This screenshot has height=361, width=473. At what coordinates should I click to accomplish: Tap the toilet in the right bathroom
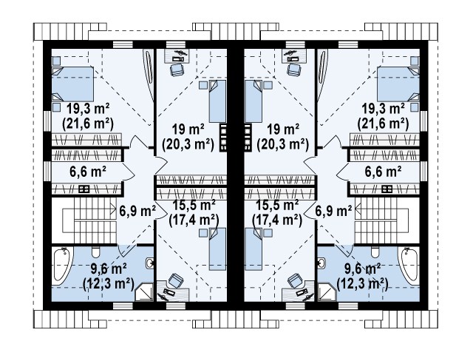coord(375,253)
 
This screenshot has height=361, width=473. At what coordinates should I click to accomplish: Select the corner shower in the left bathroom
coord(144,292)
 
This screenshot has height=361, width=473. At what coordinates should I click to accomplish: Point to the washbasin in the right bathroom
coord(321,263)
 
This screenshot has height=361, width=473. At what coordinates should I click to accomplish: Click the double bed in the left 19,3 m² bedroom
coord(72,84)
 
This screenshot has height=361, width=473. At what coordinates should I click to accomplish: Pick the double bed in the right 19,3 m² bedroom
coord(398,84)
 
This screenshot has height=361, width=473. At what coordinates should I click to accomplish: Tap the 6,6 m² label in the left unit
coord(88,172)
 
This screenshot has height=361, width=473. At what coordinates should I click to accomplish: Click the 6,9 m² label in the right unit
coord(333,210)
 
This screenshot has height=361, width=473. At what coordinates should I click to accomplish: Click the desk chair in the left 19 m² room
coord(176,70)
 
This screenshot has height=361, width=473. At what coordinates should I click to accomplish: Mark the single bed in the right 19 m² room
coord(253,101)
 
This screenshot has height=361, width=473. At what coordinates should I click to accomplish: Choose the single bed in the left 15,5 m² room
coord(217,249)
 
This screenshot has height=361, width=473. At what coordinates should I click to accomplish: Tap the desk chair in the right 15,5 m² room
coord(294,280)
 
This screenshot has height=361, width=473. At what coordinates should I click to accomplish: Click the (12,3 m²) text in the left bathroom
coord(109,284)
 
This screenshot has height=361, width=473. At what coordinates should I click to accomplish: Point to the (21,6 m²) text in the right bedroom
coord(383,123)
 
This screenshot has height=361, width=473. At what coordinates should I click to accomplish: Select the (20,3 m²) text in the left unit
coord(188,144)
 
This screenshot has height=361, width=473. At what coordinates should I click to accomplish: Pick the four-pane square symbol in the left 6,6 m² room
coord(84,189)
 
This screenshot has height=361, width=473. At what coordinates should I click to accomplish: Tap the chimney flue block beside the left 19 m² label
coord(223,138)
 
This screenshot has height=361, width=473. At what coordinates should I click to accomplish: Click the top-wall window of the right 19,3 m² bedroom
coord(348,44)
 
